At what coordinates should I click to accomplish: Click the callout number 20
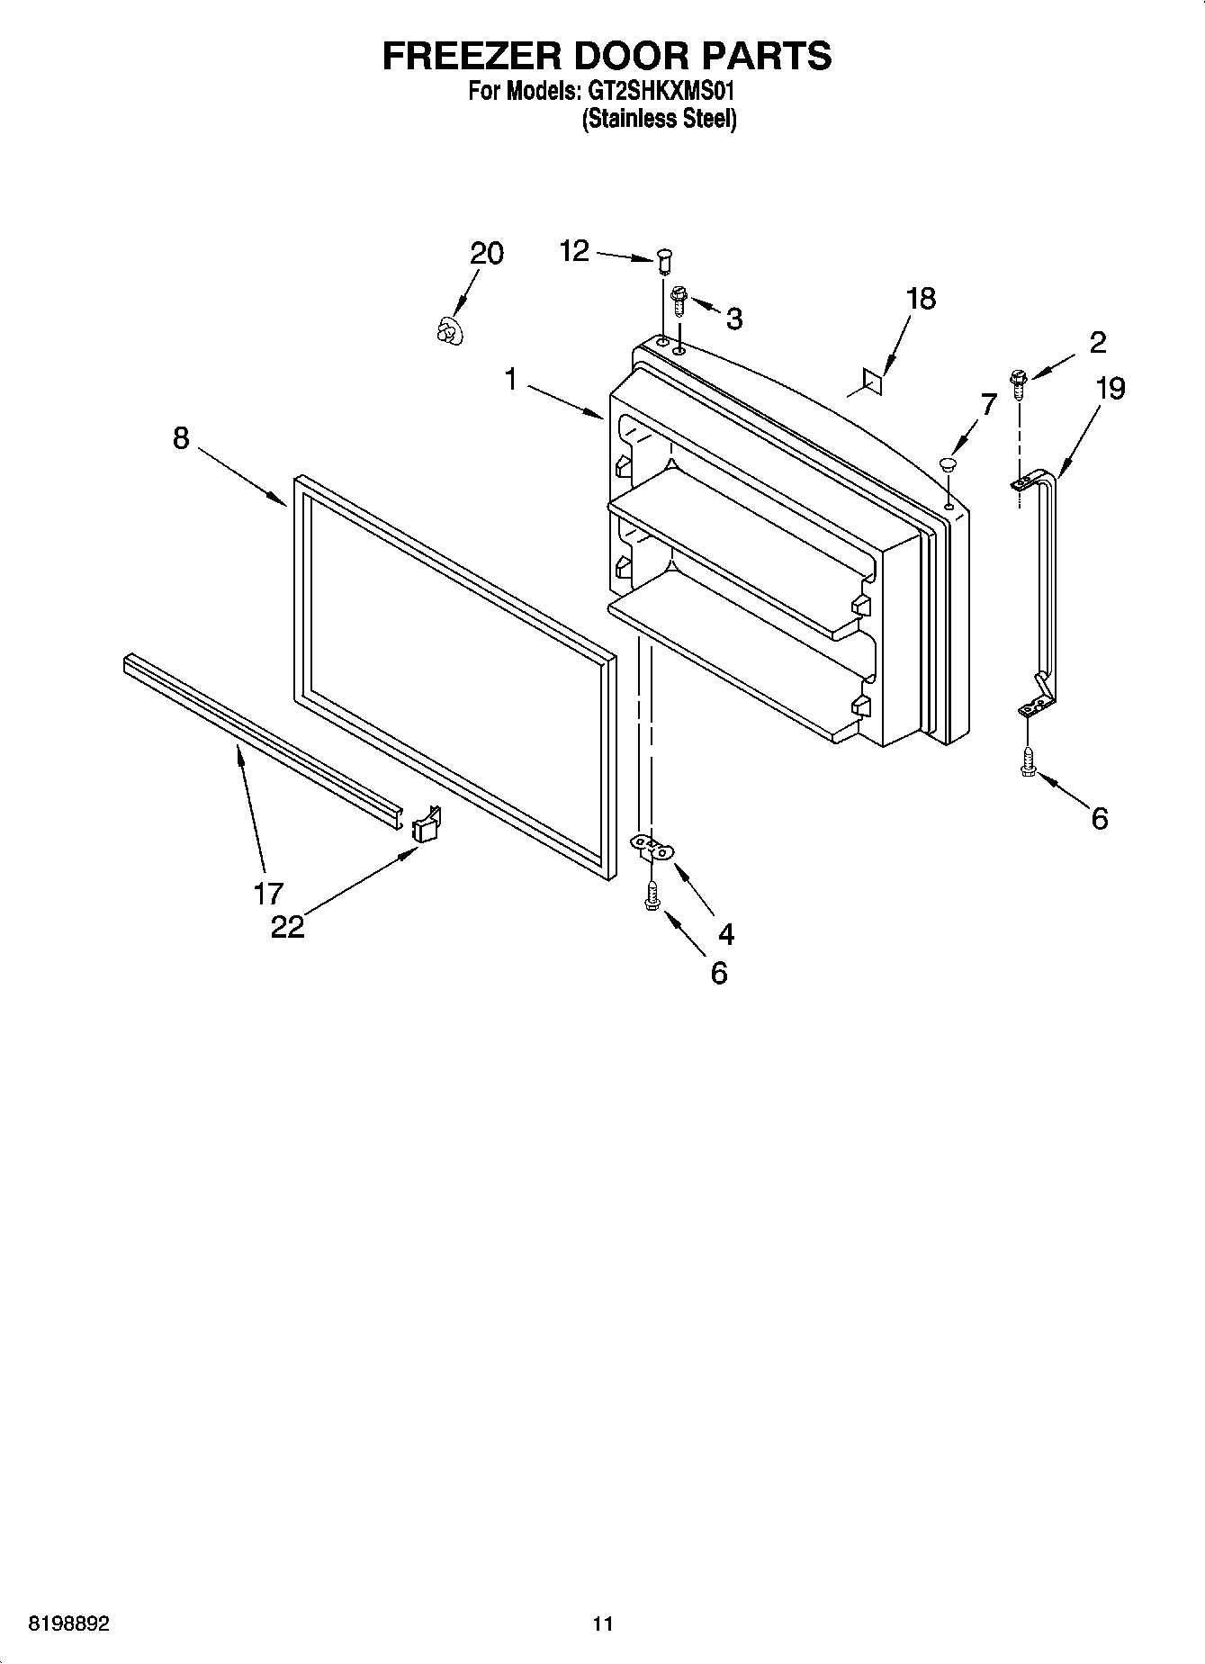487,254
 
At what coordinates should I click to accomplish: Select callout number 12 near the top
574,250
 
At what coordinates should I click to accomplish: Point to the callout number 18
921,299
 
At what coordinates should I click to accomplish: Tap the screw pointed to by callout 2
1019,383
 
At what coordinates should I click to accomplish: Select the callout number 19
1111,389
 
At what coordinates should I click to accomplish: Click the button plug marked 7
947,464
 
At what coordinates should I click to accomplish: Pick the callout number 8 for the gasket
181,438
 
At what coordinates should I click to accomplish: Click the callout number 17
268,893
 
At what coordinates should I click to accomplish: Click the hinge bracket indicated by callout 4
652,847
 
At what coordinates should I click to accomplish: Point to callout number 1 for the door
510,380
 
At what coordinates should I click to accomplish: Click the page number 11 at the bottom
603,1624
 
